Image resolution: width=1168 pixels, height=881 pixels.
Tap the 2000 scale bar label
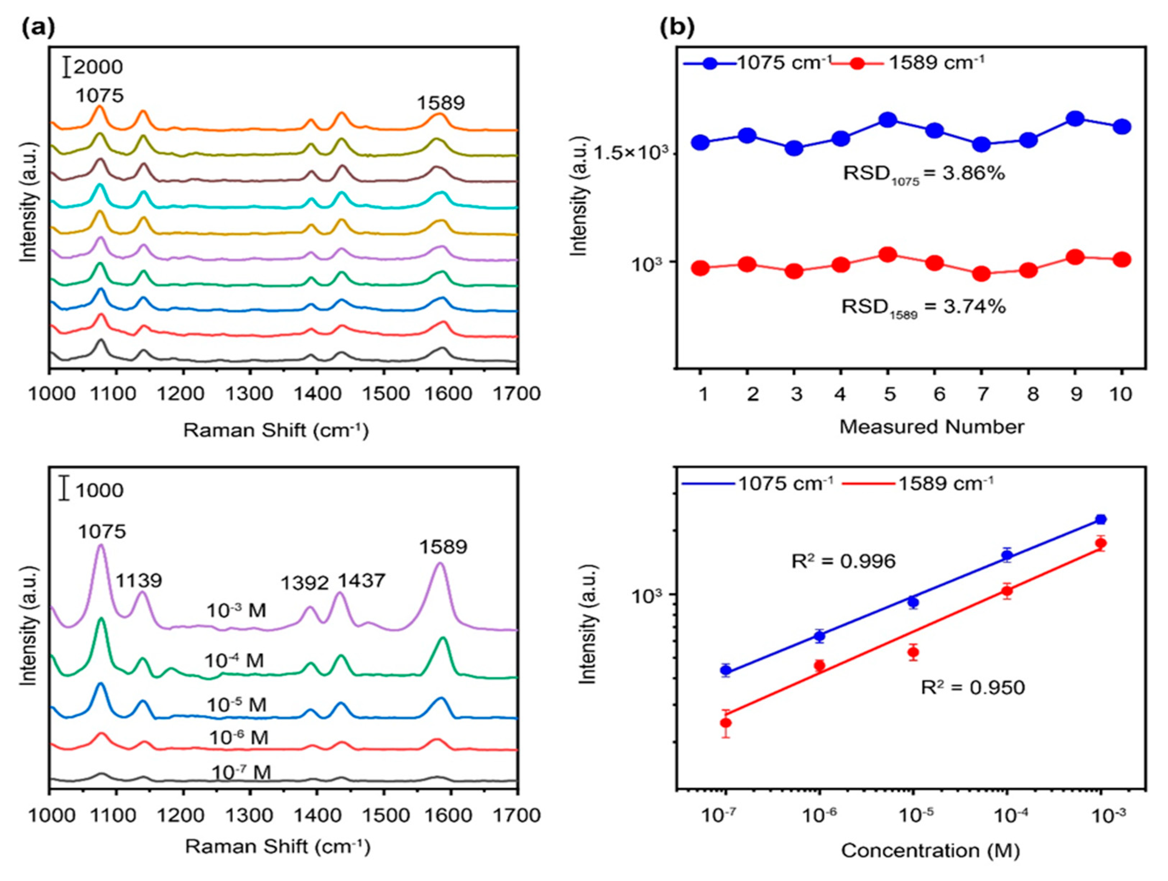click(x=98, y=67)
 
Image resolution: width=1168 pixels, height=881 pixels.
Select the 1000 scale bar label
click(x=99, y=490)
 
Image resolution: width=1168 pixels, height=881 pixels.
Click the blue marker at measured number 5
click(x=888, y=120)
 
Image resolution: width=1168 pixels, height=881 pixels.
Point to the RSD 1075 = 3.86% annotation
click(x=923, y=174)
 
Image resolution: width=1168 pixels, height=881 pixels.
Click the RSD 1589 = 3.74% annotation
click(x=923, y=307)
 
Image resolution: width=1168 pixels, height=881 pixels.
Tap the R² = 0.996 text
click(x=843, y=561)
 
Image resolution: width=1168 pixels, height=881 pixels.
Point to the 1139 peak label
click(x=139, y=581)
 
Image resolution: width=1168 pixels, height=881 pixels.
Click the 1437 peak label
click(x=362, y=581)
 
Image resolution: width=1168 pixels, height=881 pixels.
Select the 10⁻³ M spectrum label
click(x=237, y=611)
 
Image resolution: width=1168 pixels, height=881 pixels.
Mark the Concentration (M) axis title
click(x=930, y=850)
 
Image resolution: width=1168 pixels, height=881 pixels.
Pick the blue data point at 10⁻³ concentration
click(x=1101, y=519)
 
